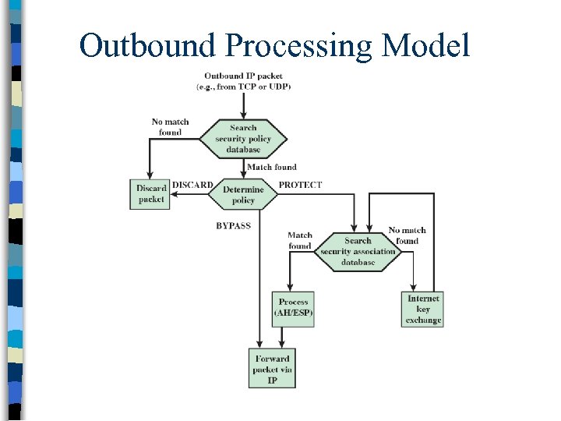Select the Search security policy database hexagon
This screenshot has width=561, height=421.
coord(243,139)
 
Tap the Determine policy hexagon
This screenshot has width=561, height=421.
coord(243,195)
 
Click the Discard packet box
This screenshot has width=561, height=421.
coord(150,193)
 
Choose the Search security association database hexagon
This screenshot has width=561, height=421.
coord(358,252)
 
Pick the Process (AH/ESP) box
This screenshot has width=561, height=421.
coord(293,307)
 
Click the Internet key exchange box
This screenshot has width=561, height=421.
coord(423,309)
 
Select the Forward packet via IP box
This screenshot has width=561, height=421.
coord(272,369)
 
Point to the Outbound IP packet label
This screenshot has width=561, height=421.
coord(243,81)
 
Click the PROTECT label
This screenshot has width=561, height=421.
coord(300,185)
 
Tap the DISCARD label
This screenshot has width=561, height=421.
coord(192,185)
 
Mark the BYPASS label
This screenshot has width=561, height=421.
coord(233,225)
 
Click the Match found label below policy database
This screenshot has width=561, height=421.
coord(271,167)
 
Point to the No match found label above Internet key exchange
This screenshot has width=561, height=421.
coord(407,235)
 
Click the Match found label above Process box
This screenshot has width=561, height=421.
coord(300,240)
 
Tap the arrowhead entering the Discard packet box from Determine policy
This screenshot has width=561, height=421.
coord(175,196)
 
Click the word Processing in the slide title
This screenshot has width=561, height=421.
coord(300,47)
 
